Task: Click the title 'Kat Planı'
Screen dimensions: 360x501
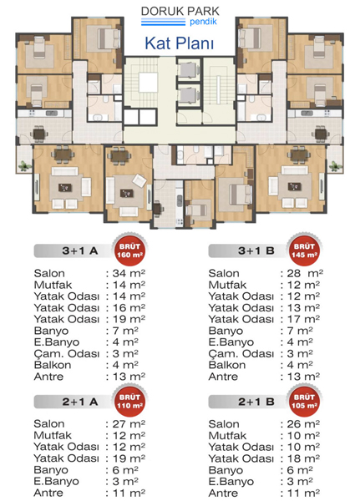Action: point(179,43)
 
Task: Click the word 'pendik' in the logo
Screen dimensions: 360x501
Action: point(203,22)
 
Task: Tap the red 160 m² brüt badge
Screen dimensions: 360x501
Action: point(129,250)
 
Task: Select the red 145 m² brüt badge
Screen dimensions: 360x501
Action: point(304,250)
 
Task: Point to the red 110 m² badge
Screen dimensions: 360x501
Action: point(129,402)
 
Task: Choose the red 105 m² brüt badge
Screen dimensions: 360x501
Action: point(304,402)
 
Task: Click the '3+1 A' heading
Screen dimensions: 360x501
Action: point(80,250)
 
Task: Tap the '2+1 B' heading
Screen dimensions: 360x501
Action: point(256,402)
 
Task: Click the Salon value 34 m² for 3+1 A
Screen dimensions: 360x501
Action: point(129,274)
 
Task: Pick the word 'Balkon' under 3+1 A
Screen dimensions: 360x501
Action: point(53,365)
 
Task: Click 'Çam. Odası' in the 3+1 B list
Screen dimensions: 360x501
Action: point(241,354)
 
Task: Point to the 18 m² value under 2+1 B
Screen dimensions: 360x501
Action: point(303,458)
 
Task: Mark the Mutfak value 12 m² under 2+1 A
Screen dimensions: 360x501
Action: point(129,435)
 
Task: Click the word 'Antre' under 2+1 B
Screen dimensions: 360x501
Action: point(223,493)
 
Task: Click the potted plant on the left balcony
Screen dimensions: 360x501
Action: point(24,165)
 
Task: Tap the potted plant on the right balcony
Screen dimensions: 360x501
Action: point(335,165)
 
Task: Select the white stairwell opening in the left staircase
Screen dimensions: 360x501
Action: point(148,83)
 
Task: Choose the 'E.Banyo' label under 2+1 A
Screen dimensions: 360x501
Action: point(56,481)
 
